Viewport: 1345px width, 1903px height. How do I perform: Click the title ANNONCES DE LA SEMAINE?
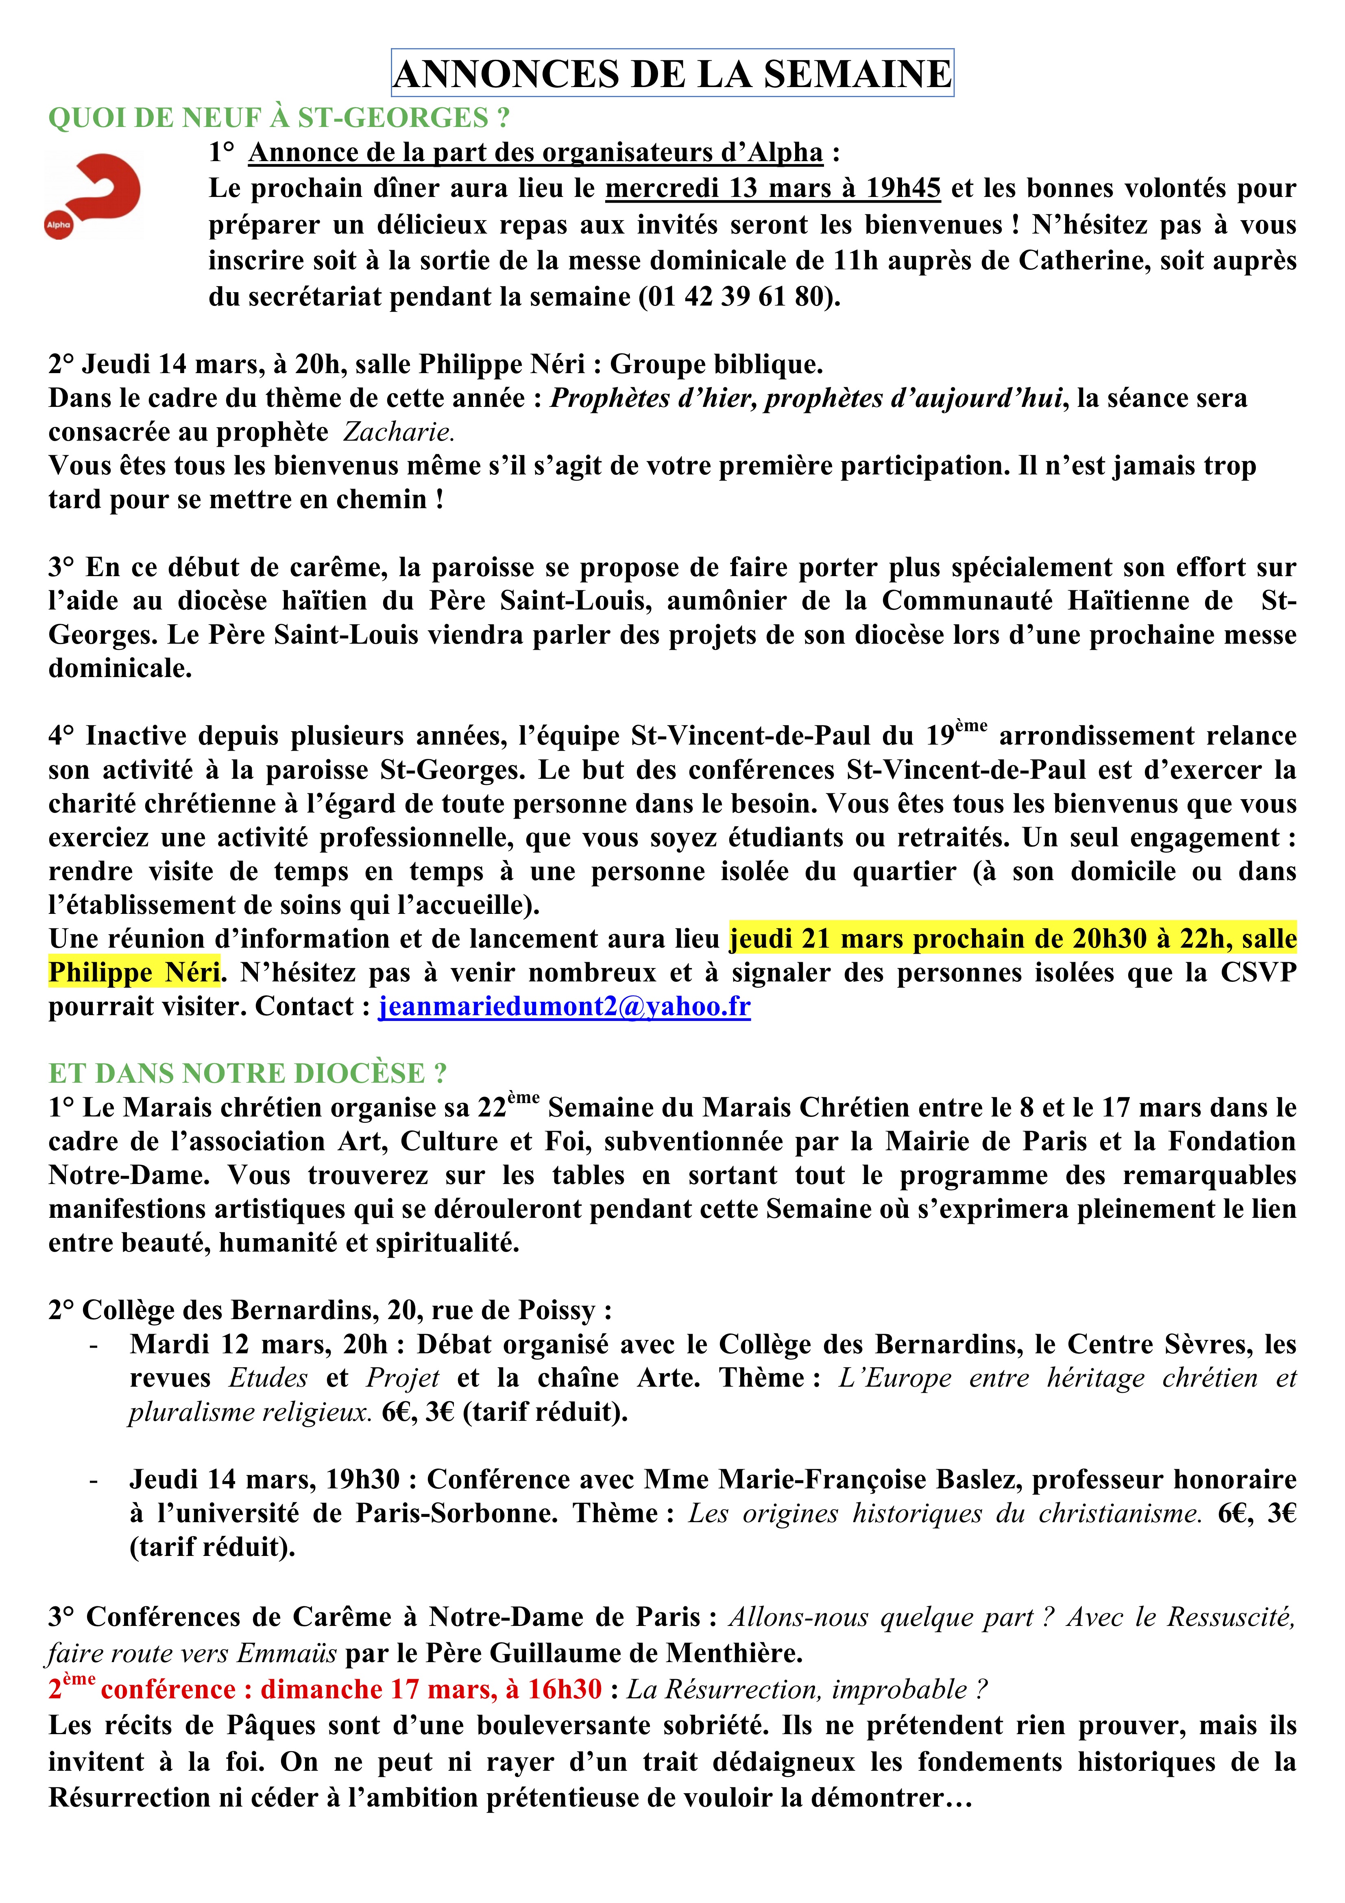pyautogui.click(x=672, y=74)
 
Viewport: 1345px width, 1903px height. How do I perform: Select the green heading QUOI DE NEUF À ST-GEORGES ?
pyautogui.click(x=279, y=118)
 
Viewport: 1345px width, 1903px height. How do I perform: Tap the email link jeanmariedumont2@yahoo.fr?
pyautogui.click(x=565, y=1006)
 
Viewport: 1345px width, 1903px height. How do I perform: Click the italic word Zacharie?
pyautogui.click(x=399, y=432)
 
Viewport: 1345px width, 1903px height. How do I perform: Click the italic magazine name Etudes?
pyautogui.click(x=268, y=1378)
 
